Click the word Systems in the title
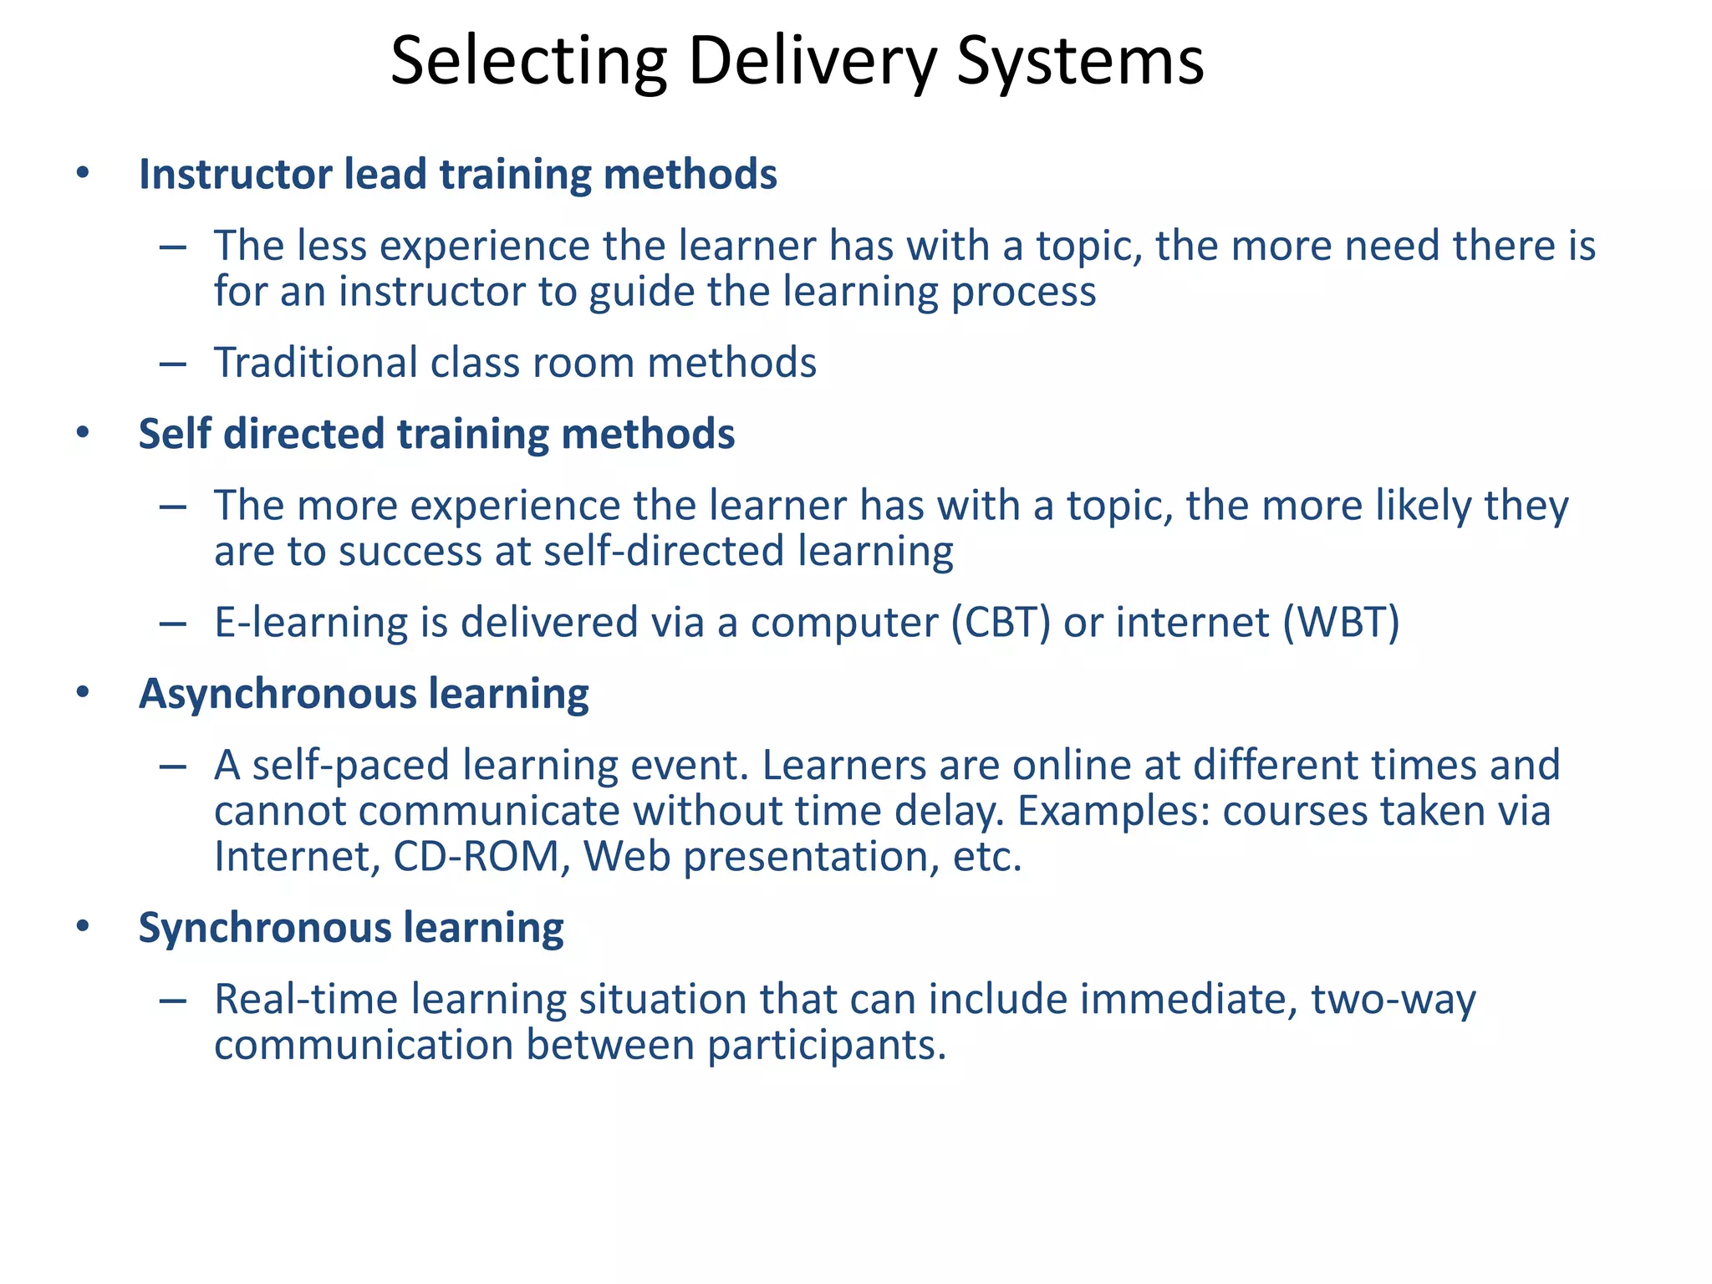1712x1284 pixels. click(1079, 63)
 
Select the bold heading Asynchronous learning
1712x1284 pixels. click(364, 694)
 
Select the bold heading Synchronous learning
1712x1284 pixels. click(351, 928)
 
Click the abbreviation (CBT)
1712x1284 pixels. click(1001, 623)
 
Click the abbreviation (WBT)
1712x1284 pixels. click(1341, 623)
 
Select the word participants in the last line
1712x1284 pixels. click(827, 1046)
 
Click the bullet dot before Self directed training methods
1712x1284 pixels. click(82, 434)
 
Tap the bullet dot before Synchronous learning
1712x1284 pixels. click(82, 927)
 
